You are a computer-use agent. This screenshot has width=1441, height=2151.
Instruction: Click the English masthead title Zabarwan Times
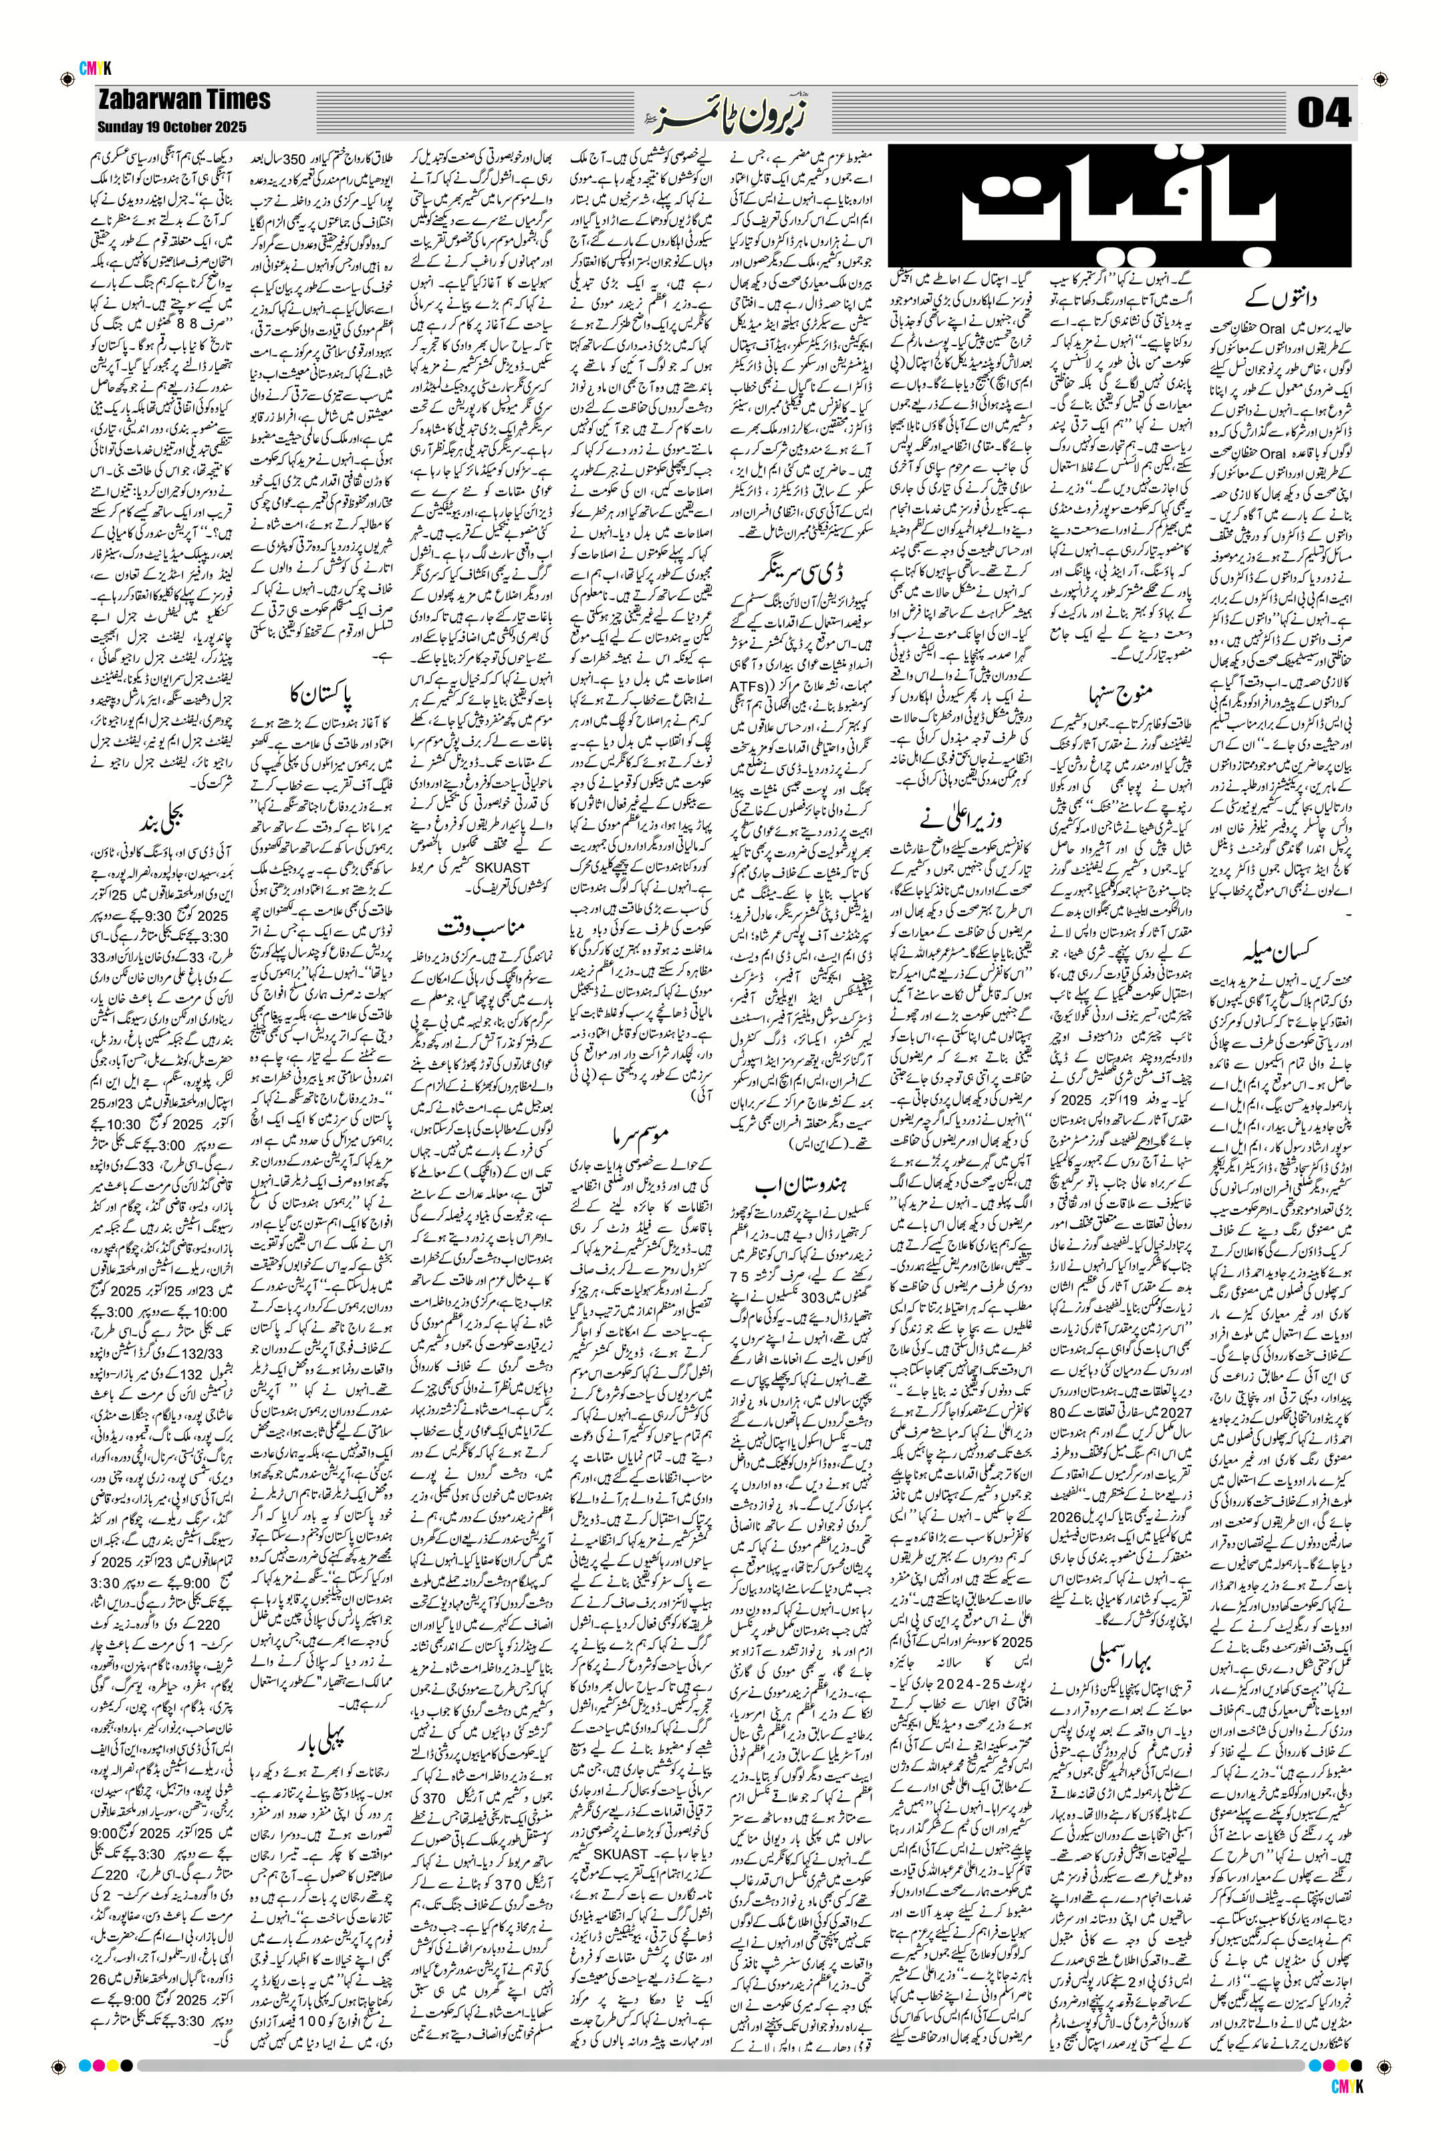(184, 100)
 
